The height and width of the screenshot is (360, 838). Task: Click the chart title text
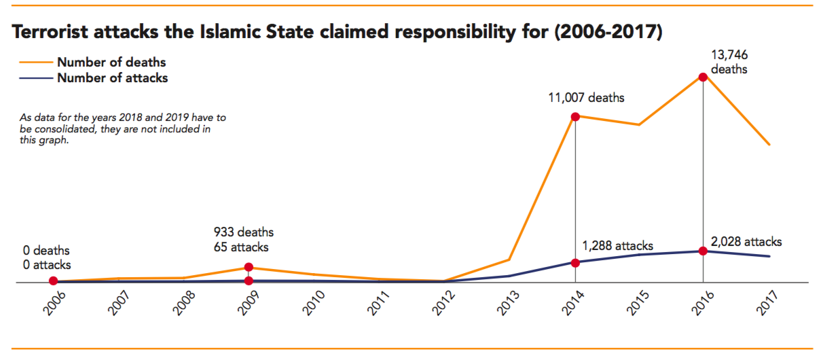[337, 32]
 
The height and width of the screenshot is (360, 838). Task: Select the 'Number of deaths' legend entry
[111, 62]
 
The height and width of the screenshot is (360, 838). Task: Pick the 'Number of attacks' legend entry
[112, 78]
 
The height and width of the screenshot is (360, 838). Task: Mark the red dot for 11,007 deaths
[575, 116]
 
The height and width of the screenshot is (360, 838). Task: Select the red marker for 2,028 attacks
[703, 251]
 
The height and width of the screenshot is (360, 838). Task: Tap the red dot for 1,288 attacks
[575, 262]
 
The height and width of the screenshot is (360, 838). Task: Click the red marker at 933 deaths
[249, 268]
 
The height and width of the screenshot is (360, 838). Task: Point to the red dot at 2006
[53, 281]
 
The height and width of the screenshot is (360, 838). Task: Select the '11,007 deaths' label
[586, 98]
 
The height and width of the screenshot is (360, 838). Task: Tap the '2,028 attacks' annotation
[746, 242]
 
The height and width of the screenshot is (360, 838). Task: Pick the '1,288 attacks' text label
[617, 246]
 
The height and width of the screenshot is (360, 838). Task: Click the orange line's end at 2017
[769, 144]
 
